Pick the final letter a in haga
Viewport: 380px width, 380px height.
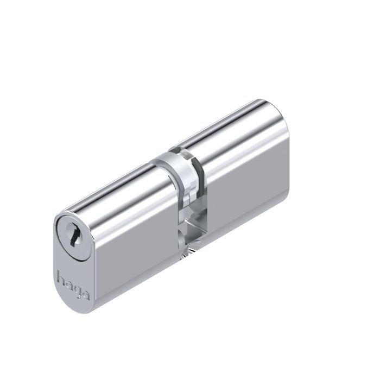coord(86,295)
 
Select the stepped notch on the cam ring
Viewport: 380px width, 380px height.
coord(188,194)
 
